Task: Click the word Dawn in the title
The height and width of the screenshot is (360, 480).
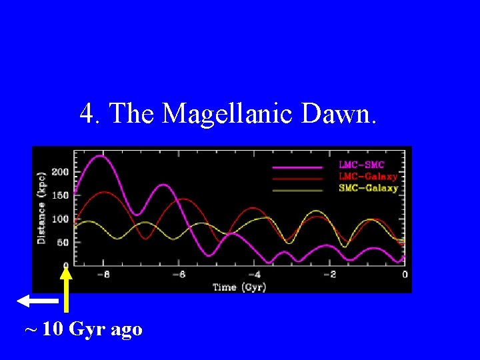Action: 339,113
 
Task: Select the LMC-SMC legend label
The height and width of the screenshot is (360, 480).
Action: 362,165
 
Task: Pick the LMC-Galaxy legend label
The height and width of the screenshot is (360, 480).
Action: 368,177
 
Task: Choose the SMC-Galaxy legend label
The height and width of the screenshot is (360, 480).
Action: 368,188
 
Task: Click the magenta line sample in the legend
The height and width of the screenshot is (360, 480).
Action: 297,166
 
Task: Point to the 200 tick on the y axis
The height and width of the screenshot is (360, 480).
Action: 61,171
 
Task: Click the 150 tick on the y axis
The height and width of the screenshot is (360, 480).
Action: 61,195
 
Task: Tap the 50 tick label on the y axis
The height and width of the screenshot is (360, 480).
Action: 63,242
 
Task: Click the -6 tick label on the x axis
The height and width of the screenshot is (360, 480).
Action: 179,274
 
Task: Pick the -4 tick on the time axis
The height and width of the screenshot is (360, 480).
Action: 254,274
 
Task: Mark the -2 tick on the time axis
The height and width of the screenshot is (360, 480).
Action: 329,274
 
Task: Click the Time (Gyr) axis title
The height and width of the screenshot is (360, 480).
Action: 239,287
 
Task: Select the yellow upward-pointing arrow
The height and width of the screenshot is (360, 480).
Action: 66,287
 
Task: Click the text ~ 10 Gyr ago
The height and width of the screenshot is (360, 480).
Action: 83,329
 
